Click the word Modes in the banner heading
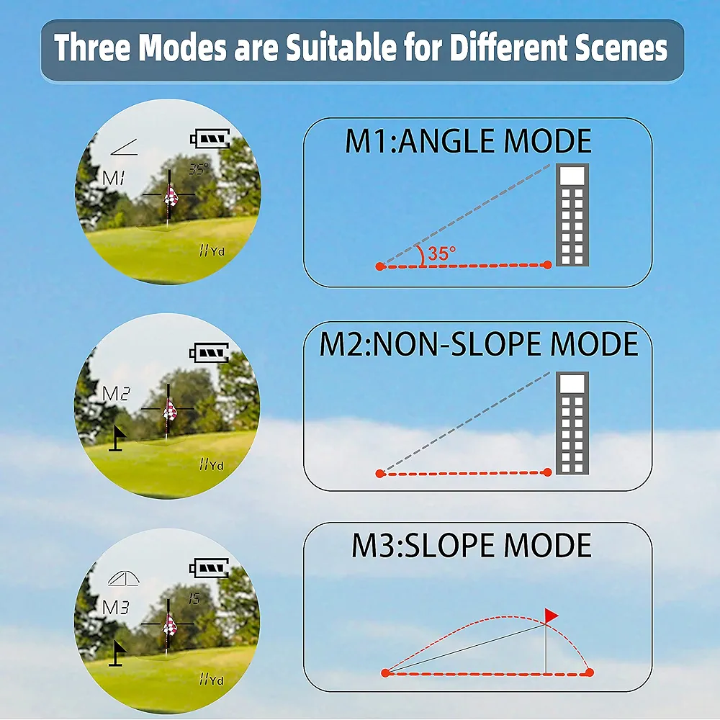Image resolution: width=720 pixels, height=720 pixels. click(x=182, y=48)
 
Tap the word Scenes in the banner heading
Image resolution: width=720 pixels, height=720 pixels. click(x=621, y=48)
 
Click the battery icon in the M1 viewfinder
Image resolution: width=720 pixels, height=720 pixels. click(x=210, y=138)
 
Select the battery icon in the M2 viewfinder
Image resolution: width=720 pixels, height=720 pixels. click(x=209, y=353)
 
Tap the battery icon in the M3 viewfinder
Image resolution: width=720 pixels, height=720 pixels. click(x=209, y=568)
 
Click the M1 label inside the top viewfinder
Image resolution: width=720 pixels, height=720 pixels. click(x=114, y=178)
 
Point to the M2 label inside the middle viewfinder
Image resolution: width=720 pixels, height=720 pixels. click(x=116, y=394)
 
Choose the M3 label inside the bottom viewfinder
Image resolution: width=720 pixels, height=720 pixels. click(x=116, y=608)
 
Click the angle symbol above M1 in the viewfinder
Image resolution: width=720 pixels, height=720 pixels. click(x=124, y=148)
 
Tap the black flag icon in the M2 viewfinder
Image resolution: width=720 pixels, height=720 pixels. click(x=117, y=438)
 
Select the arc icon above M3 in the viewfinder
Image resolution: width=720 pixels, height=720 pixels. click(x=124, y=579)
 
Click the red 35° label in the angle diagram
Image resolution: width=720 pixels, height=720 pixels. click(x=442, y=253)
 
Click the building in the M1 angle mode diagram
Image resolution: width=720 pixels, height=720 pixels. click(x=572, y=215)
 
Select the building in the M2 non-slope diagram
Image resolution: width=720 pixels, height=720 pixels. click(x=572, y=423)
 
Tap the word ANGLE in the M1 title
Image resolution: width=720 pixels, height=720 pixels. click(x=448, y=141)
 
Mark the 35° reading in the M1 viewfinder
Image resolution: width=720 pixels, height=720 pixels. click(x=199, y=168)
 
